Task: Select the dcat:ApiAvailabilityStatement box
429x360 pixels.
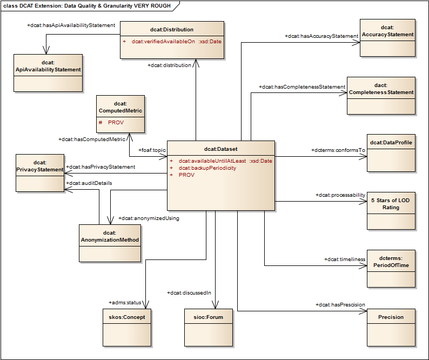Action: click(48, 72)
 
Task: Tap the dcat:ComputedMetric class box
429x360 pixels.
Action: click(120, 114)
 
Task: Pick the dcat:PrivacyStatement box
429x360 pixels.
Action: click(40, 172)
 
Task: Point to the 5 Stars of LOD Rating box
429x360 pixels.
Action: click(391, 210)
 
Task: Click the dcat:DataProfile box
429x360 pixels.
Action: click(391, 152)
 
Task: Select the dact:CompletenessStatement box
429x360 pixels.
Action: click(381, 95)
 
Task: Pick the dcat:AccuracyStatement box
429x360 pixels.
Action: click(388, 38)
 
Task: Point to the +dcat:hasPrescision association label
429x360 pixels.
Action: click(340, 305)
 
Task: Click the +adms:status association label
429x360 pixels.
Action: click(125, 302)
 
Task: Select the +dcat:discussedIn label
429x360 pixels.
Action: click(190, 292)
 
